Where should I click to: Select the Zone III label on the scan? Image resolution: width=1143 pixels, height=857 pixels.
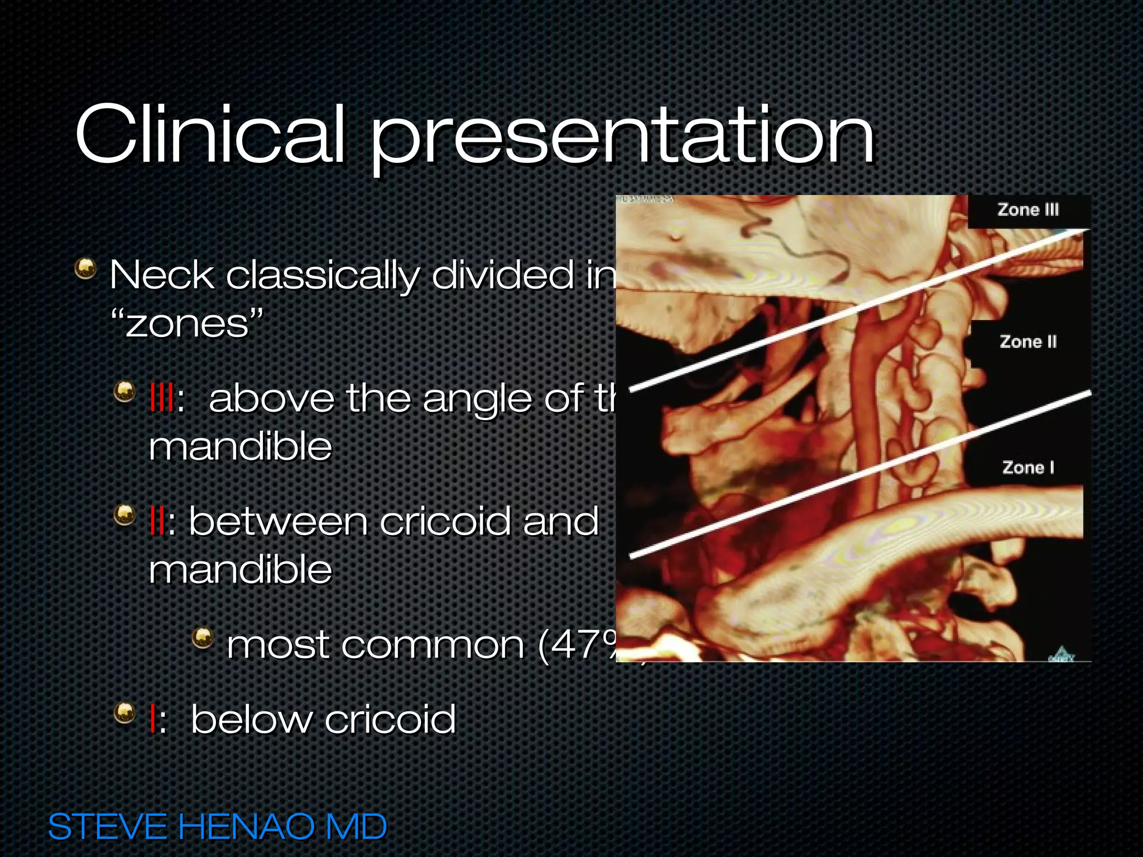pos(1028,210)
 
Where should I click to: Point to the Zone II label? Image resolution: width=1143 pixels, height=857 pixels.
pos(1028,341)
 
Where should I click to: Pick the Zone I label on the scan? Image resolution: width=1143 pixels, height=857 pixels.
pos(1028,468)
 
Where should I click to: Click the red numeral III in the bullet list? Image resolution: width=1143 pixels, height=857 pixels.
pos(161,398)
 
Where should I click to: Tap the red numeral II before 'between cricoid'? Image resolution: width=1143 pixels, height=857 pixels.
pos(157,522)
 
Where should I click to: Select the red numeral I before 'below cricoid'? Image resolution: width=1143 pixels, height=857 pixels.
pos(152,719)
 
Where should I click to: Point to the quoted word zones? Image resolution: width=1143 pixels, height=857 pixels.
pos(187,324)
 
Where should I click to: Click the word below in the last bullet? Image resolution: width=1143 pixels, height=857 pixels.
pos(251,719)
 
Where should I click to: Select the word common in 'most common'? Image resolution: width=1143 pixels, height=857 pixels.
pos(433,646)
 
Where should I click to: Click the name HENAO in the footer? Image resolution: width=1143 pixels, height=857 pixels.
pos(245,827)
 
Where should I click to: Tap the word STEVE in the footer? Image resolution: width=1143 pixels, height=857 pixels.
pos(108,827)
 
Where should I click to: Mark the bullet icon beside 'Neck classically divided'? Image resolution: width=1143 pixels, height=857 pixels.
pos(85,268)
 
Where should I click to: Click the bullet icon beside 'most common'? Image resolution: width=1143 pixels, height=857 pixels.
pos(203,637)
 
